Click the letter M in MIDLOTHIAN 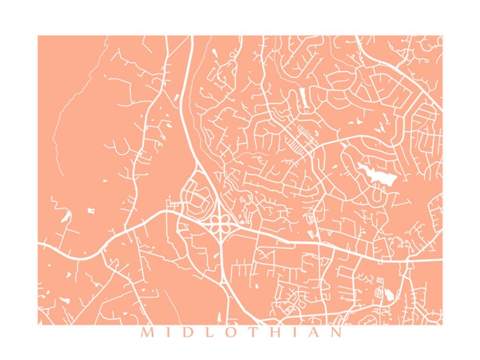coord(146,332)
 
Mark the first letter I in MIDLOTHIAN coord(166,332)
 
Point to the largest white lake coord(378,175)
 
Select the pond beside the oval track coord(389,295)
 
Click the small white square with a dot coord(92,210)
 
